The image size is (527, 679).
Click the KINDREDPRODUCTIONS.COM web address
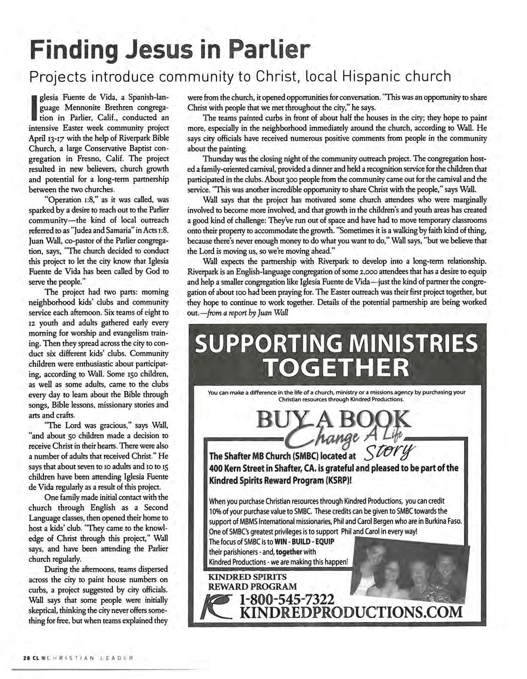click(x=351, y=613)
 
